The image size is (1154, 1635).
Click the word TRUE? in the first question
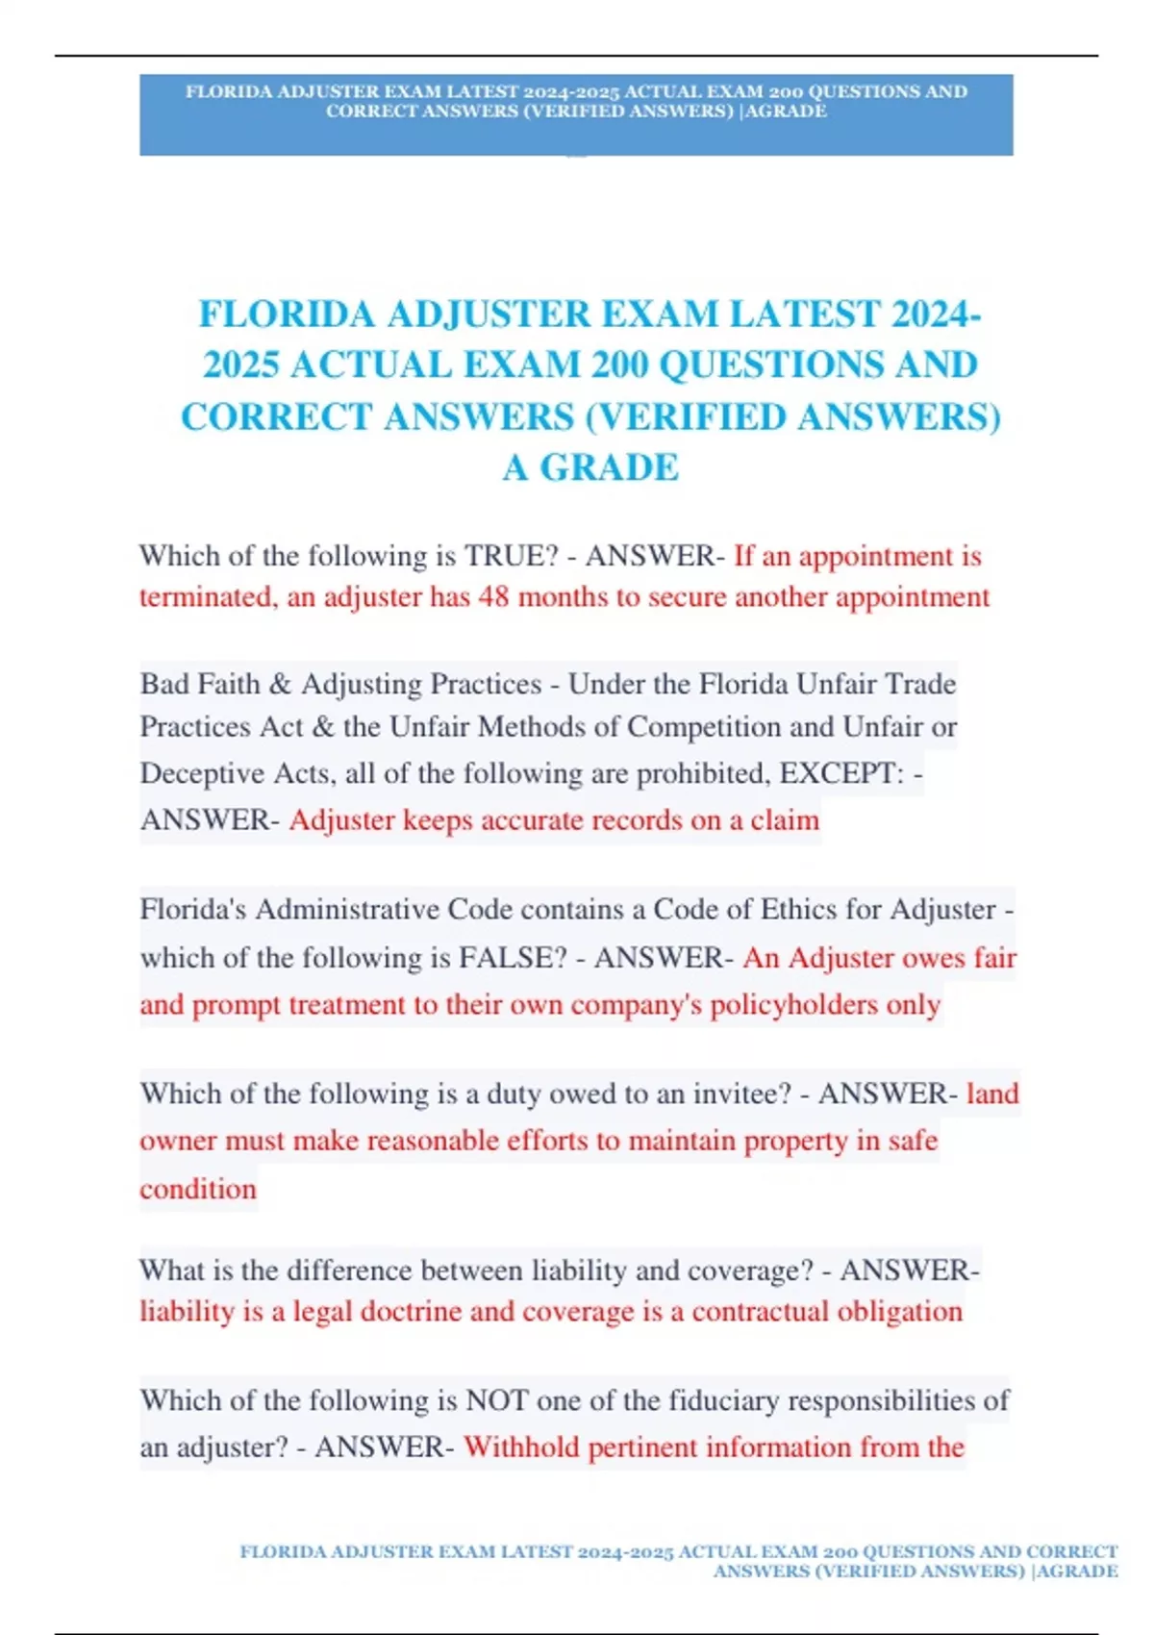coord(511,556)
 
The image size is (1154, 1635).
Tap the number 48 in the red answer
coord(493,597)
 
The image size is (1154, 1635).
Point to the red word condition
coord(198,1189)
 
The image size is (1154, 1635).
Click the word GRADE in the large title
coord(609,468)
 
